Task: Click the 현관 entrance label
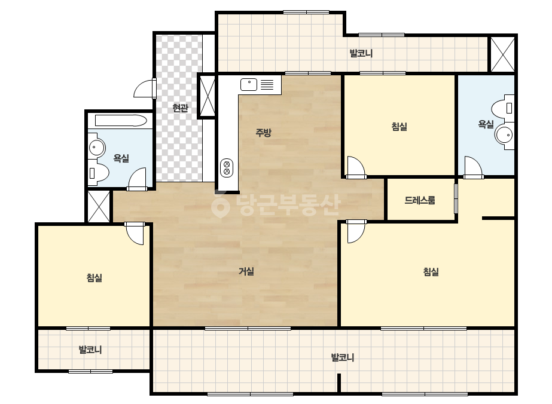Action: tap(180, 108)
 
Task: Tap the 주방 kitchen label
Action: tap(263, 132)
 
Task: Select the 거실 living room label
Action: tap(246, 271)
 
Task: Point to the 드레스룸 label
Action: tap(420, 200)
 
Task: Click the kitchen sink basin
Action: tap(249, 84)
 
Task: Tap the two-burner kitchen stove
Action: tap(227, 167)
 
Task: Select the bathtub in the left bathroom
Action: tap(121, 120)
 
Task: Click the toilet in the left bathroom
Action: tap(98, 173)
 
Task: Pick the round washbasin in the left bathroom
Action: tap(96, 148)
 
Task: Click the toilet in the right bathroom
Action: tap(503, 108)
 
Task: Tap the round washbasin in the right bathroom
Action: tap(505, 134)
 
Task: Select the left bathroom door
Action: tap(137, 179)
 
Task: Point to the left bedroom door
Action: tap(135, 233)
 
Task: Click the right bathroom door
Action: tap(474, 167)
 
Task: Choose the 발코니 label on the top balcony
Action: tap(361, 54)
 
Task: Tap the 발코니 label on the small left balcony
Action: tap(90, 350)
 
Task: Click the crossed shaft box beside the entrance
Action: tap(207, 96)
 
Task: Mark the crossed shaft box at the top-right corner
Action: tap(502, 54)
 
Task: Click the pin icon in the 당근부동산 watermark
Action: tap(220, 206)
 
